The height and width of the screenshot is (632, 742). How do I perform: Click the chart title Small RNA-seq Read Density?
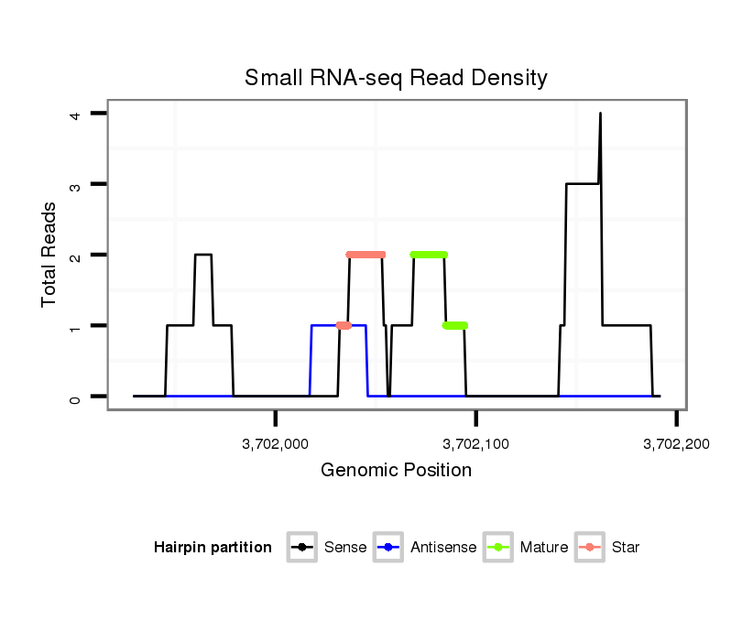[x=396, y=78]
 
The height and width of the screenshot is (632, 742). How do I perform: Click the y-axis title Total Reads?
[x=51, y=254]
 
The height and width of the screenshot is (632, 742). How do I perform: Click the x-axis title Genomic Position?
[x=396, y=471]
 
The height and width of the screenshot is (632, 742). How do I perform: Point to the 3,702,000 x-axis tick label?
[x=276, y=444]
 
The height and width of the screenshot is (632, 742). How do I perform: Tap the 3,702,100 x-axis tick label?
[x=476, y=444]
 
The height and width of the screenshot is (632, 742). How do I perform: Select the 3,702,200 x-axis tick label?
[x=676, y=444]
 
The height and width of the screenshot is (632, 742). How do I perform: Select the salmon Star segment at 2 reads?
[x=366, y=255]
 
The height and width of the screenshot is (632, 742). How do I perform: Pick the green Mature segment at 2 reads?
[x=429, y=255]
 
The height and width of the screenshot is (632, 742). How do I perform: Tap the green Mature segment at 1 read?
[x=455, y=325]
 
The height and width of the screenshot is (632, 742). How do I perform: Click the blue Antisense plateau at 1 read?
[x=325, y=325]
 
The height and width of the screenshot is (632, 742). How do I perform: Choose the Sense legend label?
[x=345, y=548]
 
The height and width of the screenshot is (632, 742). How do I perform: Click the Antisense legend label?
[x=443, y=548]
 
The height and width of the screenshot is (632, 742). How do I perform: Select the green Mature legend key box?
[x=499, y=548]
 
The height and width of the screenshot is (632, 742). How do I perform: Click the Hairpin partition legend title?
[x=213, y=548]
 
